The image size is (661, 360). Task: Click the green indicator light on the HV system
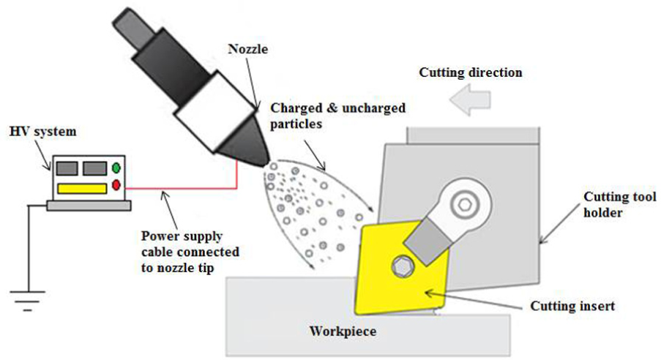pyautogui.click(x=116, y=168)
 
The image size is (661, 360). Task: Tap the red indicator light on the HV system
pyautogui.click(x=116, y=185)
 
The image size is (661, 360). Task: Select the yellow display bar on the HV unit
pyautogui.click(x=82, y=189)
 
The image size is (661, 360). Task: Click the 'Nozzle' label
pyautogui.click(x=248, y=49)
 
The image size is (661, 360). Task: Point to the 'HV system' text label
pyautogui.click(x=43, y=132)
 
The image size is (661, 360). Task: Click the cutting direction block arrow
pyautogui.click(x=470, y=100)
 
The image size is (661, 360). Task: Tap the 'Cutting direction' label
pyautogui.click(x=471, y=72)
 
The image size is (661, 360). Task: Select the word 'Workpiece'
pyautogui.click(x=343, y=331)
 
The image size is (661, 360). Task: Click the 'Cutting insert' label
pyautogui.click(x=572, y=306)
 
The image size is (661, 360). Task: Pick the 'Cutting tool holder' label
pyautogui.click(x=620, y=204)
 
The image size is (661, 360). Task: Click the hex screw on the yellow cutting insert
pyautogui.click(x=403, y=266)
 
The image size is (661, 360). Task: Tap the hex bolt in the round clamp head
pyautogui.click(x=465, y=205)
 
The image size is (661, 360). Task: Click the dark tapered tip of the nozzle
pyautogui.click(x=245, y=141)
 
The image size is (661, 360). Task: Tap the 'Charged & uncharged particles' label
pyautogui.click(x=337, y=116)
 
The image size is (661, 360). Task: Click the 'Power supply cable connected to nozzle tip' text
pyautogui.click(x=190, y=252)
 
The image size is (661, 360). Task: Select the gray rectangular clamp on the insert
pyautogui.click(x=428, y=243)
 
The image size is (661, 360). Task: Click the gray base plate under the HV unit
pyautogui.click(x=89, y=206)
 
